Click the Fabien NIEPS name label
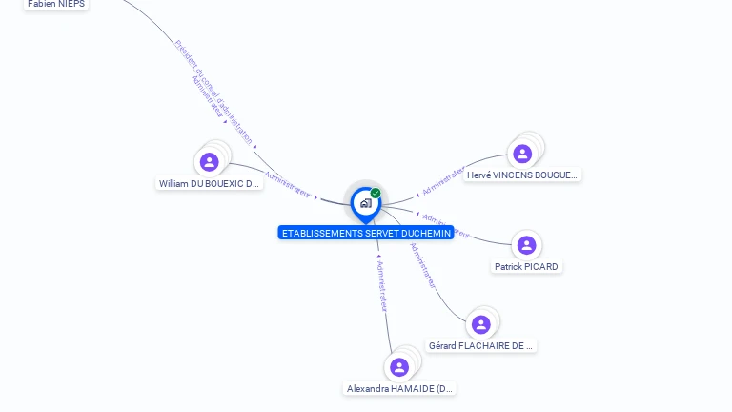point(55,4)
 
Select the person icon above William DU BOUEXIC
point(210,162)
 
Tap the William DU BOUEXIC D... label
point(210,183)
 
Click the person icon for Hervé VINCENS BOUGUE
point(522,154)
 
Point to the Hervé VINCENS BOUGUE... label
point(521,175)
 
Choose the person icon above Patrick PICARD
point(526,246)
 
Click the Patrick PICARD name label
point(526,267)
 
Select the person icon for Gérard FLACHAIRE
point(481,324)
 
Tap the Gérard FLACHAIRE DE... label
point(481,345)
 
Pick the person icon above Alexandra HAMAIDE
point(399,367)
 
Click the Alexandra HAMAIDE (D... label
point(400,389)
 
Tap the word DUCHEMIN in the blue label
point(426,233)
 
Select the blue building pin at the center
point(365,203)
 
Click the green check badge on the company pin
point(376,194)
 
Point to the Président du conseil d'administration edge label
point(213,92)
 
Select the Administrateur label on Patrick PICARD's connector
point(445,226)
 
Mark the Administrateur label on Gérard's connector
point(422,265)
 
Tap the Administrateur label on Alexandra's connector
point(382,285)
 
